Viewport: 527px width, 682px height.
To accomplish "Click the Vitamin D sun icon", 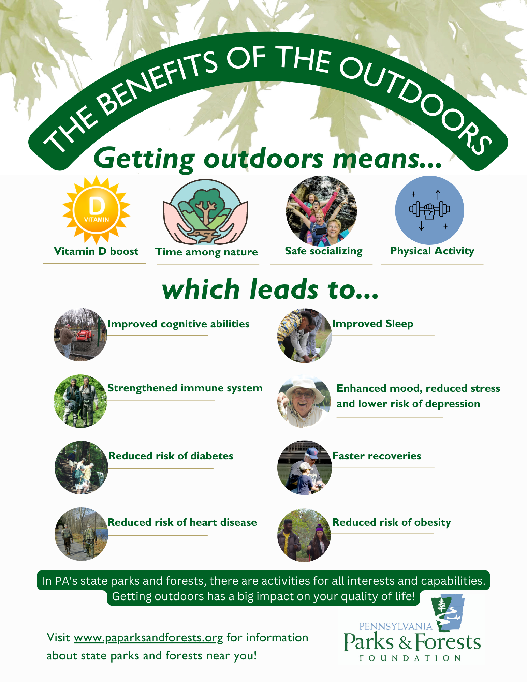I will [97, 210].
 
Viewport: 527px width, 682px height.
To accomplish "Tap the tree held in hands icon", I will [206, 212].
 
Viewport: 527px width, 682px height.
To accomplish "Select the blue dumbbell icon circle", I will [429, 210].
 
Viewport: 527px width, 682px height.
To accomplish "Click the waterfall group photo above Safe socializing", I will [321, 211].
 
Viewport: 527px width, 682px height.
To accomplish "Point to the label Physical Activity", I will [432, 251].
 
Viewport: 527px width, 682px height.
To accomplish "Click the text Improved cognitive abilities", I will [178, 324].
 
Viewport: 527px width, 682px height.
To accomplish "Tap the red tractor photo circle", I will [80, 335].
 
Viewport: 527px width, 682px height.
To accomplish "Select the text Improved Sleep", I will [372, 323].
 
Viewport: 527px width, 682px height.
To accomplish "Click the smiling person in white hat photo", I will [304, 401].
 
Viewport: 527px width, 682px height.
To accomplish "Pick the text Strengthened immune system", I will [185, 388].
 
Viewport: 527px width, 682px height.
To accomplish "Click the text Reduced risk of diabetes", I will [171, 456].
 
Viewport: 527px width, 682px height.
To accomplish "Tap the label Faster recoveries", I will [377, 456].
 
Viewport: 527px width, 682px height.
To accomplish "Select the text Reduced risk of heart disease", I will [182, 522].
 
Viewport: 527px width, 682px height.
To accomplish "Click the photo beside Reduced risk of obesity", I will [304, 535].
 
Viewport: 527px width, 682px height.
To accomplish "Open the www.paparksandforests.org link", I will [148, 638].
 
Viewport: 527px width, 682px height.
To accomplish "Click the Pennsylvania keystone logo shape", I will [448, 612].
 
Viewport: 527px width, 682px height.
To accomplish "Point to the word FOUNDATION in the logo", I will [410, 658].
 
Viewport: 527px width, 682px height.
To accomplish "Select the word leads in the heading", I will [284, 289].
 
